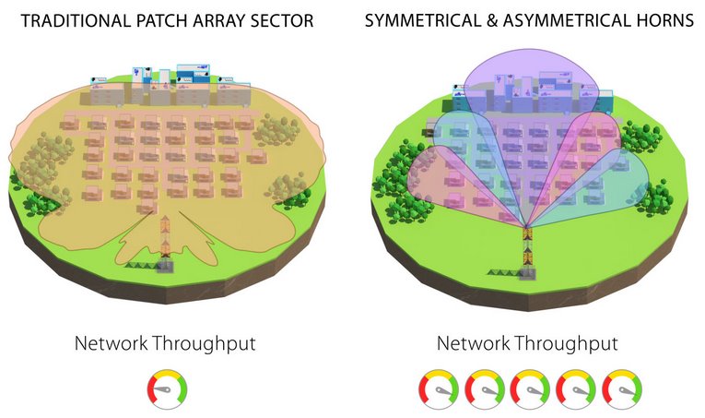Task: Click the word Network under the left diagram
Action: (109, 344)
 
